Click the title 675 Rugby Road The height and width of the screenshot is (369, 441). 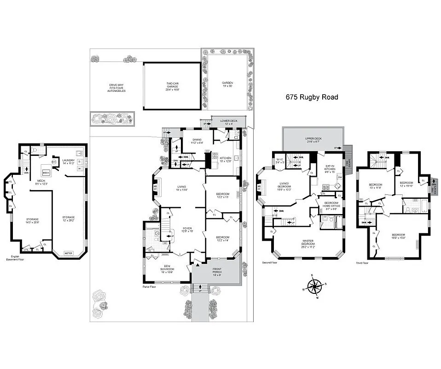(x=312, y=97)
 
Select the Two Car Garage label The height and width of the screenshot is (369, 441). (x=173, y=86)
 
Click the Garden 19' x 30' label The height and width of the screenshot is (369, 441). (x=227, y=85)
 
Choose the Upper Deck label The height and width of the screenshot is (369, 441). (x=313, y=140)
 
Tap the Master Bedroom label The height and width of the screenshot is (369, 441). (x=308, y=242)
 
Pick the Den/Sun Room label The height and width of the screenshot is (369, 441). (x=166, y=270)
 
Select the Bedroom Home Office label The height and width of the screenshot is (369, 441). (x=331, y=206)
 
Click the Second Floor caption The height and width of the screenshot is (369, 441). (x=270, y=263)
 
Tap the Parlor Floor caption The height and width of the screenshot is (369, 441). (x=150, y=286)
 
